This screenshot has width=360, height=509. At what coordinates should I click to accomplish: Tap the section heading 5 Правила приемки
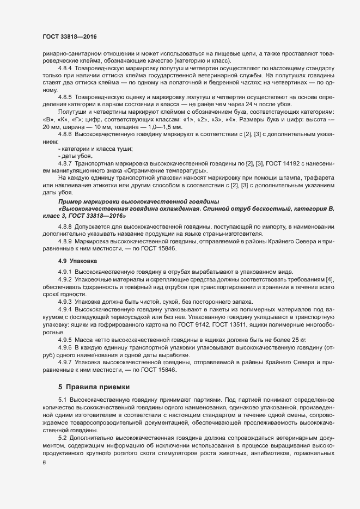click(x=94, y=387)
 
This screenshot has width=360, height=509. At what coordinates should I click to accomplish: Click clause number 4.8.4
click(x=65, y=68)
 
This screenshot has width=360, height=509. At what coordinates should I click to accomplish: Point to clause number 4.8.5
click(x=65, y=96)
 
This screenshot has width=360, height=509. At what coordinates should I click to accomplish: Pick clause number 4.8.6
click(x=65, y=133)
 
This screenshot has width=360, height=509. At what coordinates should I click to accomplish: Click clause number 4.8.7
click(x=65, y=163)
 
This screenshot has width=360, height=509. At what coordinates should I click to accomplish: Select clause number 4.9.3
click(x=65, y=302)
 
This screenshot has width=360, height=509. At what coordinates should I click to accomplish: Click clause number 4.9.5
click(x=65, y=340)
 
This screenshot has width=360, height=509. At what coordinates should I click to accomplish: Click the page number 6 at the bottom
click(x=44, y=463)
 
